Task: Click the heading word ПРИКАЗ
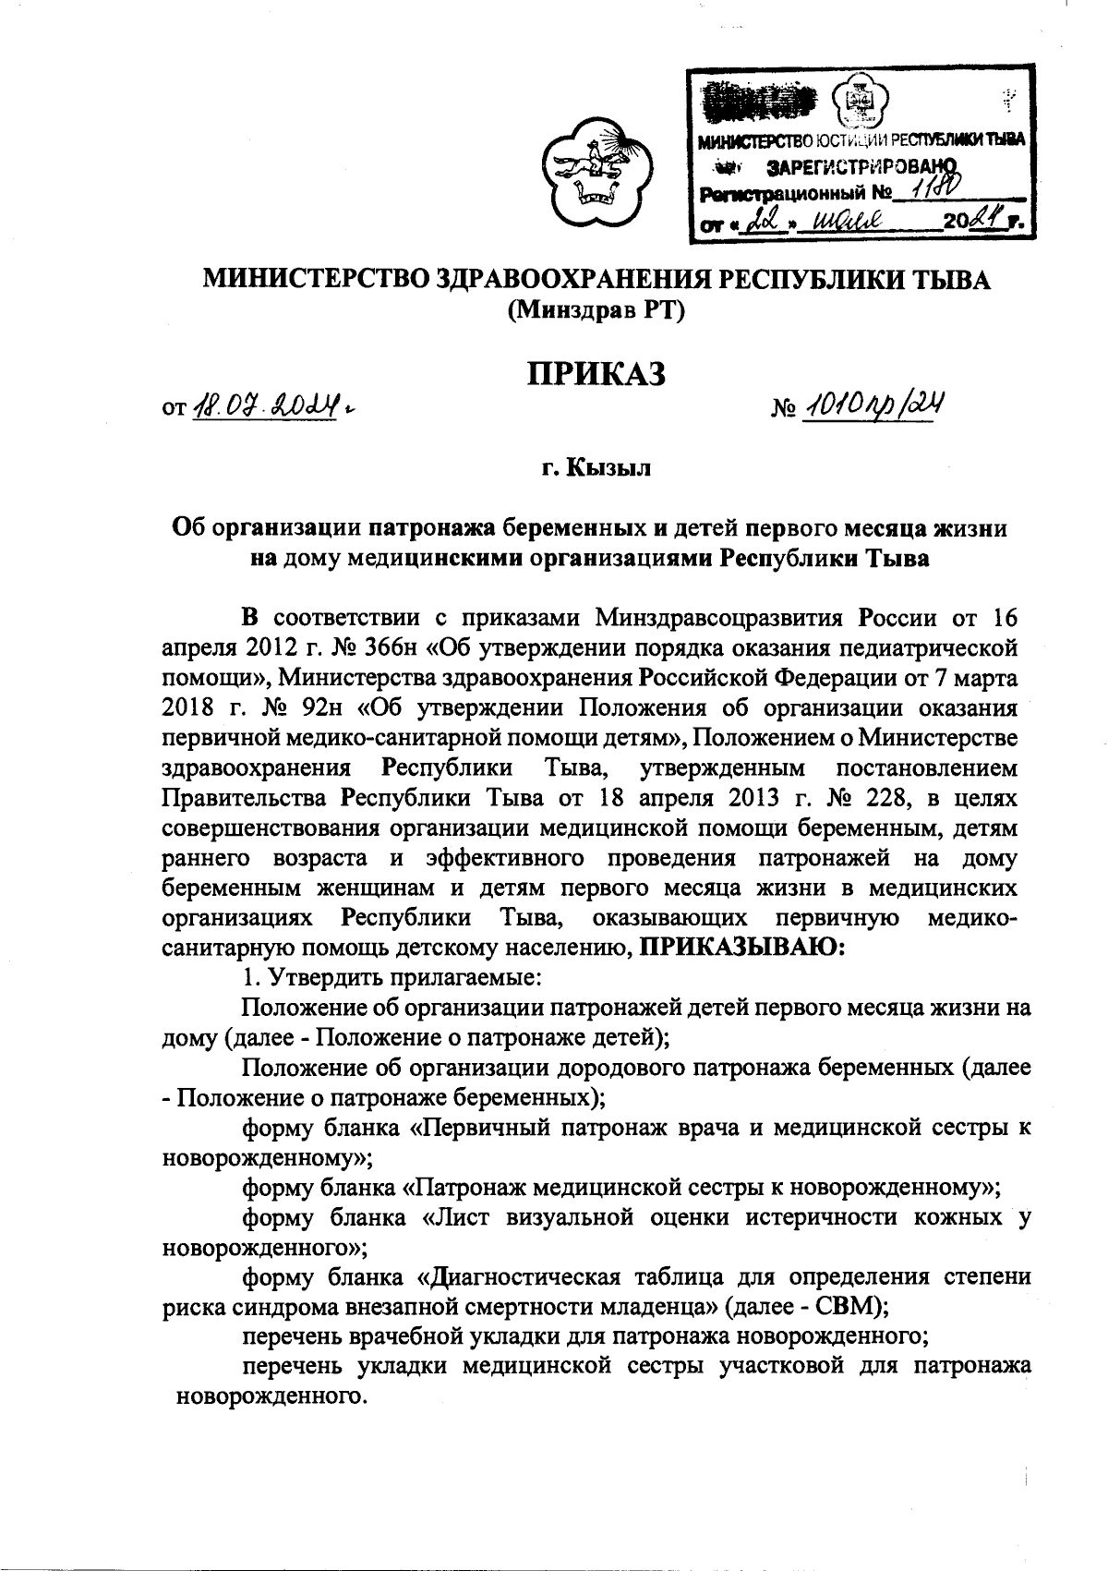tap(596, 374)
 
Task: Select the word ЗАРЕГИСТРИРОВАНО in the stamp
tap(860, 166)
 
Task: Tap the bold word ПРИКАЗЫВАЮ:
tap(742, 946)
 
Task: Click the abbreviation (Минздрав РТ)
tap(596, 311)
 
